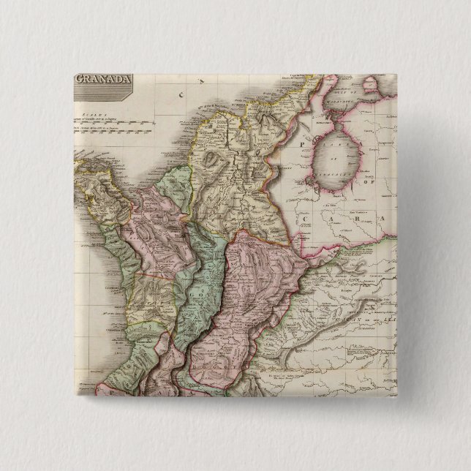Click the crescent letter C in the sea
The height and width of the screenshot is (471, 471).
[180, 94]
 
